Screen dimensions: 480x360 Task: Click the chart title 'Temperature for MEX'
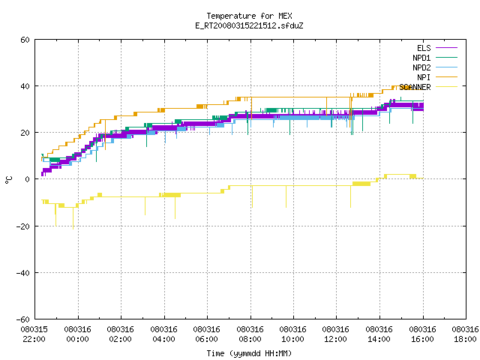click(249, 16)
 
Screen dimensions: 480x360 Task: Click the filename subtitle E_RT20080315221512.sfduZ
click(249, 25)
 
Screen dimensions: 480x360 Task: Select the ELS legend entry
click(437, 48)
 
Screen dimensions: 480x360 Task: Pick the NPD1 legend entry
click(435, 58)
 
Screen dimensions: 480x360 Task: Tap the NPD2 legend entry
click(435, 67)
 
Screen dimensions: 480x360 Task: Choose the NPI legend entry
click(437, 77)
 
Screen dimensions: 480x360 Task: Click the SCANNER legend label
click(415, 87)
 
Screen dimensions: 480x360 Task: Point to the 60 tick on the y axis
click(25, 40)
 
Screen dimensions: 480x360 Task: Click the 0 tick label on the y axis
click(27, 179)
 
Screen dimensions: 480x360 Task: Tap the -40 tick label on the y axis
click(23, 273)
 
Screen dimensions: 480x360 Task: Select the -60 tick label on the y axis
click(23, 319)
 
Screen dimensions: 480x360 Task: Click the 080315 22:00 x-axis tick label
click(34, 334)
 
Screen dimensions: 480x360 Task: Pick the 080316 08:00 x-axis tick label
click(250, 334)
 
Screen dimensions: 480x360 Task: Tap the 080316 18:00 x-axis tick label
click(465, 334)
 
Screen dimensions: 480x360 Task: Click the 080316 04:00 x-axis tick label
click(163, 334)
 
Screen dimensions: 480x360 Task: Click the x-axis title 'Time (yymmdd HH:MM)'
click(249, 353)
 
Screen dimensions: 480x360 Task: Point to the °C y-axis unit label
click(8, 180)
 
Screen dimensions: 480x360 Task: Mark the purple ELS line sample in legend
click(447, 48)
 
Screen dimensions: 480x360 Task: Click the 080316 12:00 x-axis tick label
click(336, 334)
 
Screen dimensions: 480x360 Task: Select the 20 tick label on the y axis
click(25, 133)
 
